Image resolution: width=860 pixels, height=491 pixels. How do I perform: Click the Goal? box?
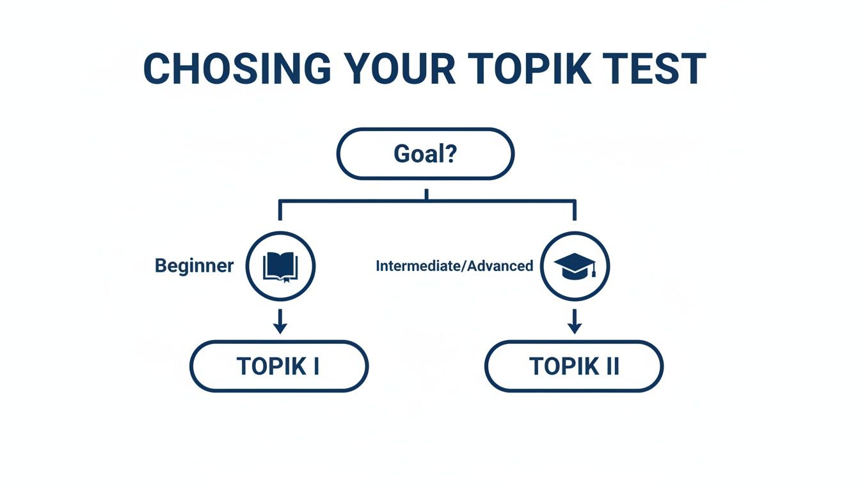point(426,154)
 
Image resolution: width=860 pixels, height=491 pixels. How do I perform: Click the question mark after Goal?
point(450,154)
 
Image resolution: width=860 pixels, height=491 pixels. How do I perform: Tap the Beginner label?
point(195,266)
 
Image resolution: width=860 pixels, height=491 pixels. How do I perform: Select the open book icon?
point(280,266)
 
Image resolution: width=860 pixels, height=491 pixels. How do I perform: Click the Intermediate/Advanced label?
point(454,266)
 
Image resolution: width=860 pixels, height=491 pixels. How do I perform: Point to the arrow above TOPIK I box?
point(280,320)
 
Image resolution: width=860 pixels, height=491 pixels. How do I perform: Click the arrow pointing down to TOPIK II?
point(575,320)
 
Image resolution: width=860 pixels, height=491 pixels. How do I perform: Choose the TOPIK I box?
point(279,366)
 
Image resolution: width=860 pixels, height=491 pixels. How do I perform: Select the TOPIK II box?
point(574,366)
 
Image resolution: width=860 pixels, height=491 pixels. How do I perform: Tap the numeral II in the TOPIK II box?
point(610,366)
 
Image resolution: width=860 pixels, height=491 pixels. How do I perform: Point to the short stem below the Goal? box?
point(426,194)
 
